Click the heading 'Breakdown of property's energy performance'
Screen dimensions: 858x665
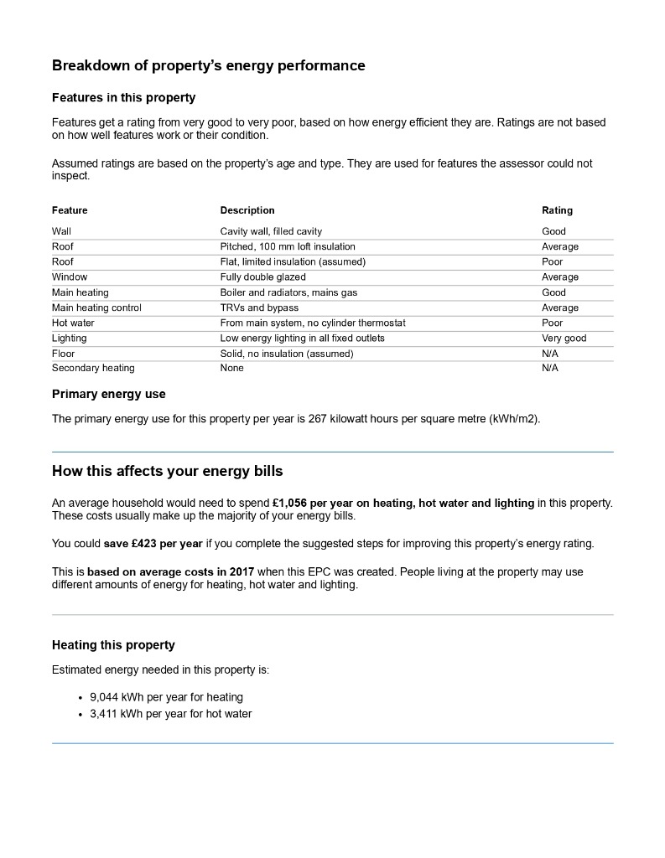(208, 65)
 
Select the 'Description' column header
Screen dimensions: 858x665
(247, 210)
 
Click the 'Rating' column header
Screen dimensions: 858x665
(557, 210)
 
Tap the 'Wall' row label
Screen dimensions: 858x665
(61, 231)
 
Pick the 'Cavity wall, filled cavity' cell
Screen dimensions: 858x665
(271, 231)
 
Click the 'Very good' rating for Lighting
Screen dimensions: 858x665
(564, 339)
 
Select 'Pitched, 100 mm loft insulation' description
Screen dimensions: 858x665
(288, 246)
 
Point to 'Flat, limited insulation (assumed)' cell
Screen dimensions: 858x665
(293, 261)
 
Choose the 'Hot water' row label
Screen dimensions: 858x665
(73, 323)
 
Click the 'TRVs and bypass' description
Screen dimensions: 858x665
(259, 308)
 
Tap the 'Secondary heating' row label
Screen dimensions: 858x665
(93, 368)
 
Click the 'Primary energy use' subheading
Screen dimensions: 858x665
(109, 394)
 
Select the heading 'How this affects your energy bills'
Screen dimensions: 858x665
(179, 471)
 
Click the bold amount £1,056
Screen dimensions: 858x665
(292, 503)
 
